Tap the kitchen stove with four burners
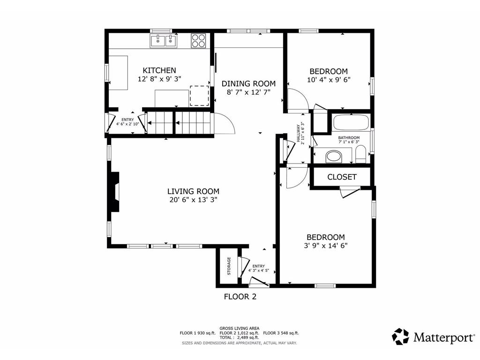198,41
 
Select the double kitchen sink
164,41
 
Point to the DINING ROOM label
248,83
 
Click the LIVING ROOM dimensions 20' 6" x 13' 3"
193,200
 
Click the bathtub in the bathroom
351,124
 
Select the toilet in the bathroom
360,154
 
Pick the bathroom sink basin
334,156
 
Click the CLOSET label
342,177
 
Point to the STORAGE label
229,266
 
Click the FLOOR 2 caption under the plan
240,296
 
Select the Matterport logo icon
400,337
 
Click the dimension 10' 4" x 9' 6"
329,80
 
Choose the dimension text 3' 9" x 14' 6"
326,245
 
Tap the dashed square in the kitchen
199,96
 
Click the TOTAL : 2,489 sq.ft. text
239,337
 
